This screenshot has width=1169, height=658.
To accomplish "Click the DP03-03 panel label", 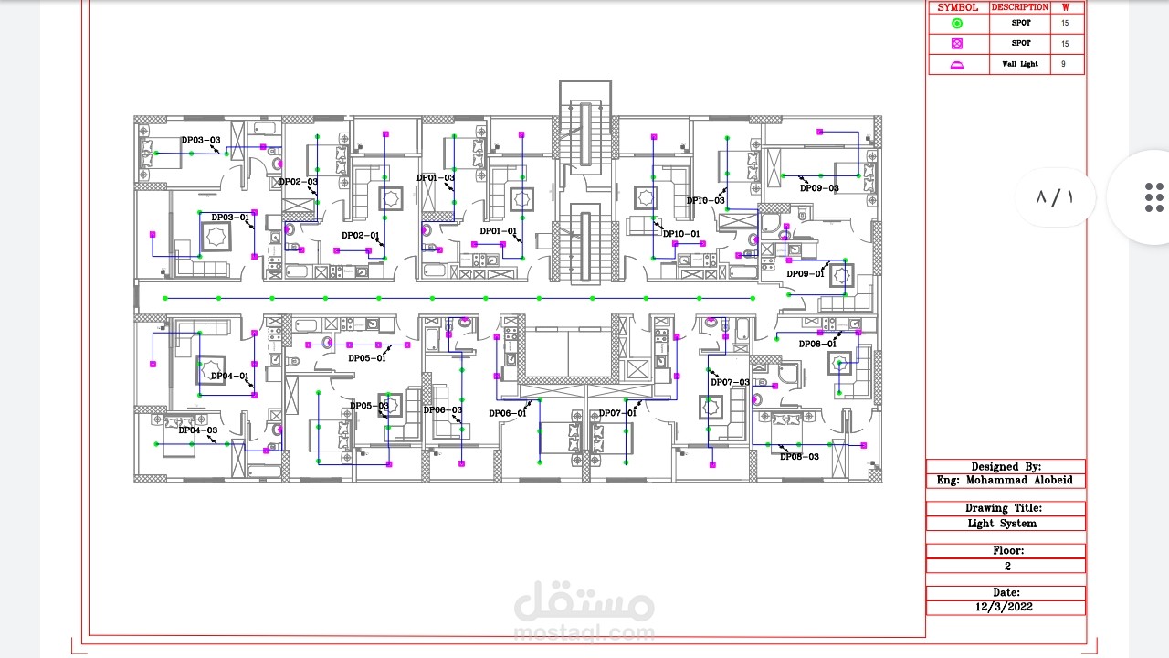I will click(x=200, y=140).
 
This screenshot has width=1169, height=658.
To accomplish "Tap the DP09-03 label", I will click(x=819, y=188).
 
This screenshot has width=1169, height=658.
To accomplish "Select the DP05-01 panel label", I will click(x=367, y=358).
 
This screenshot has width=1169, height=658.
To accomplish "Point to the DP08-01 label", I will click(x=817, y=344).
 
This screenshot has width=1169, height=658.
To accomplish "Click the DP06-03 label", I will click(x=442, y=409).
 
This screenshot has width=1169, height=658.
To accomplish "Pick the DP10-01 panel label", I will click(x=681, y=234).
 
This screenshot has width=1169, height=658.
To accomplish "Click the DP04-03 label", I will click(x=197, y=430).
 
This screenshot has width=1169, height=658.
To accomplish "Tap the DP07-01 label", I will click(x=617, y=413).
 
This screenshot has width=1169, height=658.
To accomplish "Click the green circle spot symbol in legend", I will click(x=957, y=23).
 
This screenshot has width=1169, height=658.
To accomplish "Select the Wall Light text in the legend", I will click(x=1020, y=64).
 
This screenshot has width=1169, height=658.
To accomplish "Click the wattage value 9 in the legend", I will click(x=1063, y=64).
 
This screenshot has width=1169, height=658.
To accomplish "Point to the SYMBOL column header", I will click(x=957, y=7).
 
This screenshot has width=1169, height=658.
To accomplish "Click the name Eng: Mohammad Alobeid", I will click(x=1005, y=480).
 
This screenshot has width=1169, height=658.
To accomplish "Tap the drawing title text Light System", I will click(x=1002, y=524).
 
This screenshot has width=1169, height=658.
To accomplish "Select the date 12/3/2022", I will click(x=1005, y=607).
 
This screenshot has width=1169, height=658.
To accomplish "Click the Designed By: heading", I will click(x=1006, y=466).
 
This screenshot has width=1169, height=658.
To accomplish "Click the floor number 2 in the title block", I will click(x=1007, y=566).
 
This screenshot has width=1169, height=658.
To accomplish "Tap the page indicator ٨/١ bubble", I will click(x=1055, y=197).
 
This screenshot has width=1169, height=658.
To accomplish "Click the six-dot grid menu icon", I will click(x=1153, y=197).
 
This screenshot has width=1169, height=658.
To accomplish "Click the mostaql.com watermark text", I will click(x=584, y=632).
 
